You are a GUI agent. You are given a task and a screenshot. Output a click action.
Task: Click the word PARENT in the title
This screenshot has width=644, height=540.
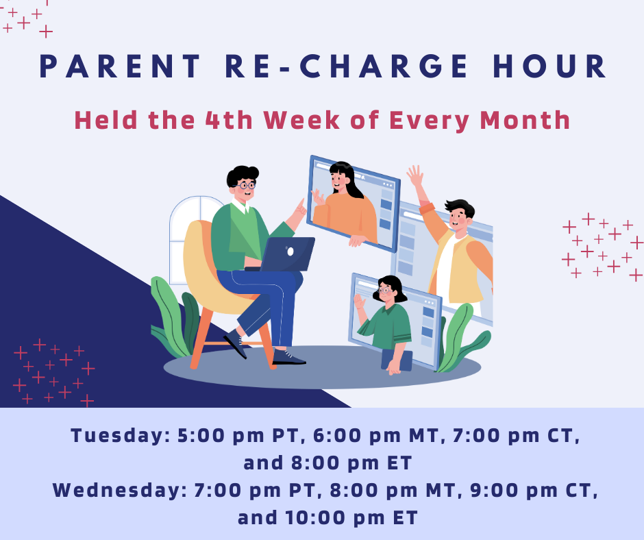(x=119, y=66)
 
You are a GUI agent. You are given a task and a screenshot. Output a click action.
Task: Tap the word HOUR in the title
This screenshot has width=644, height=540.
(x=549, y=66)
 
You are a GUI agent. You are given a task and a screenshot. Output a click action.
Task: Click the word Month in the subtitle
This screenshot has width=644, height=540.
(x=525, y=120)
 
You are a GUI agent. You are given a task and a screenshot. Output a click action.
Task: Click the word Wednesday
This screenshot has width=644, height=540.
(x=119, y=490)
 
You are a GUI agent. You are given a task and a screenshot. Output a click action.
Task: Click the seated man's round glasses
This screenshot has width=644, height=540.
(x=245, y=185)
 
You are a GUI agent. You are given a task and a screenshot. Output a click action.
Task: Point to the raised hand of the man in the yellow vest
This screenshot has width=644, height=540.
(x=415, y=176)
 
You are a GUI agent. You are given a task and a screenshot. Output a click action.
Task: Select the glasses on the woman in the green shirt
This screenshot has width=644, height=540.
(x=384, y=291)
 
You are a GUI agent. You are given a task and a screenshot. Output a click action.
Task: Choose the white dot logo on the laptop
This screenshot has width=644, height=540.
(x=290, y=251)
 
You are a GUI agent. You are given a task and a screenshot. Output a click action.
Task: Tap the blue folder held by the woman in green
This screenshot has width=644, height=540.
(x=397, y=360)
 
